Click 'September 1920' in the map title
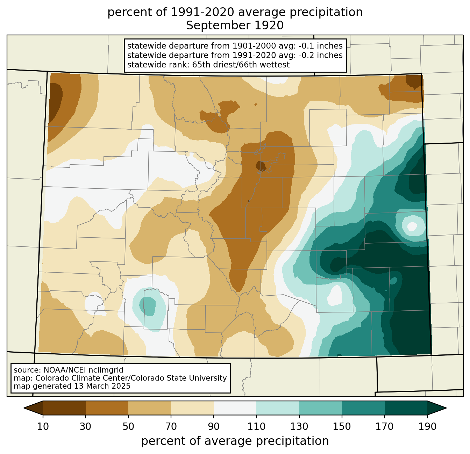click(x=235, y=26)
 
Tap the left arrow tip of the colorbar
click(x=24, y=408)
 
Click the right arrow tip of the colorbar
click(x=446, y=408)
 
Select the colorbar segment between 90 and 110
click(x=235, y=408)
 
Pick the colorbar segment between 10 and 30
click(x=64, y=408)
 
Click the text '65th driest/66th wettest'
click(x=241, y=65)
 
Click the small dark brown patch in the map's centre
click(x=261, y=166)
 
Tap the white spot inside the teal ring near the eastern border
click(x=412, y=226)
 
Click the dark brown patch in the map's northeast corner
click(x=414, y=81)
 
